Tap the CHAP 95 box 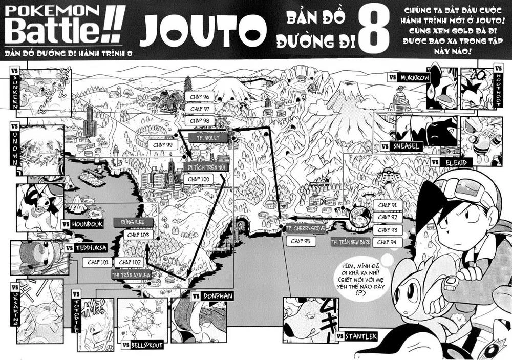click(x=300, y=241)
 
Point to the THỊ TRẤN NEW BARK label click(x=351, y=242)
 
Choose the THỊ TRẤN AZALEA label click(x=132, y=274)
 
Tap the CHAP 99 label click(x=163, y=145)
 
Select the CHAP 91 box click(x=387, y=205)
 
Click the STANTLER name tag click(x=360, y=336)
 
